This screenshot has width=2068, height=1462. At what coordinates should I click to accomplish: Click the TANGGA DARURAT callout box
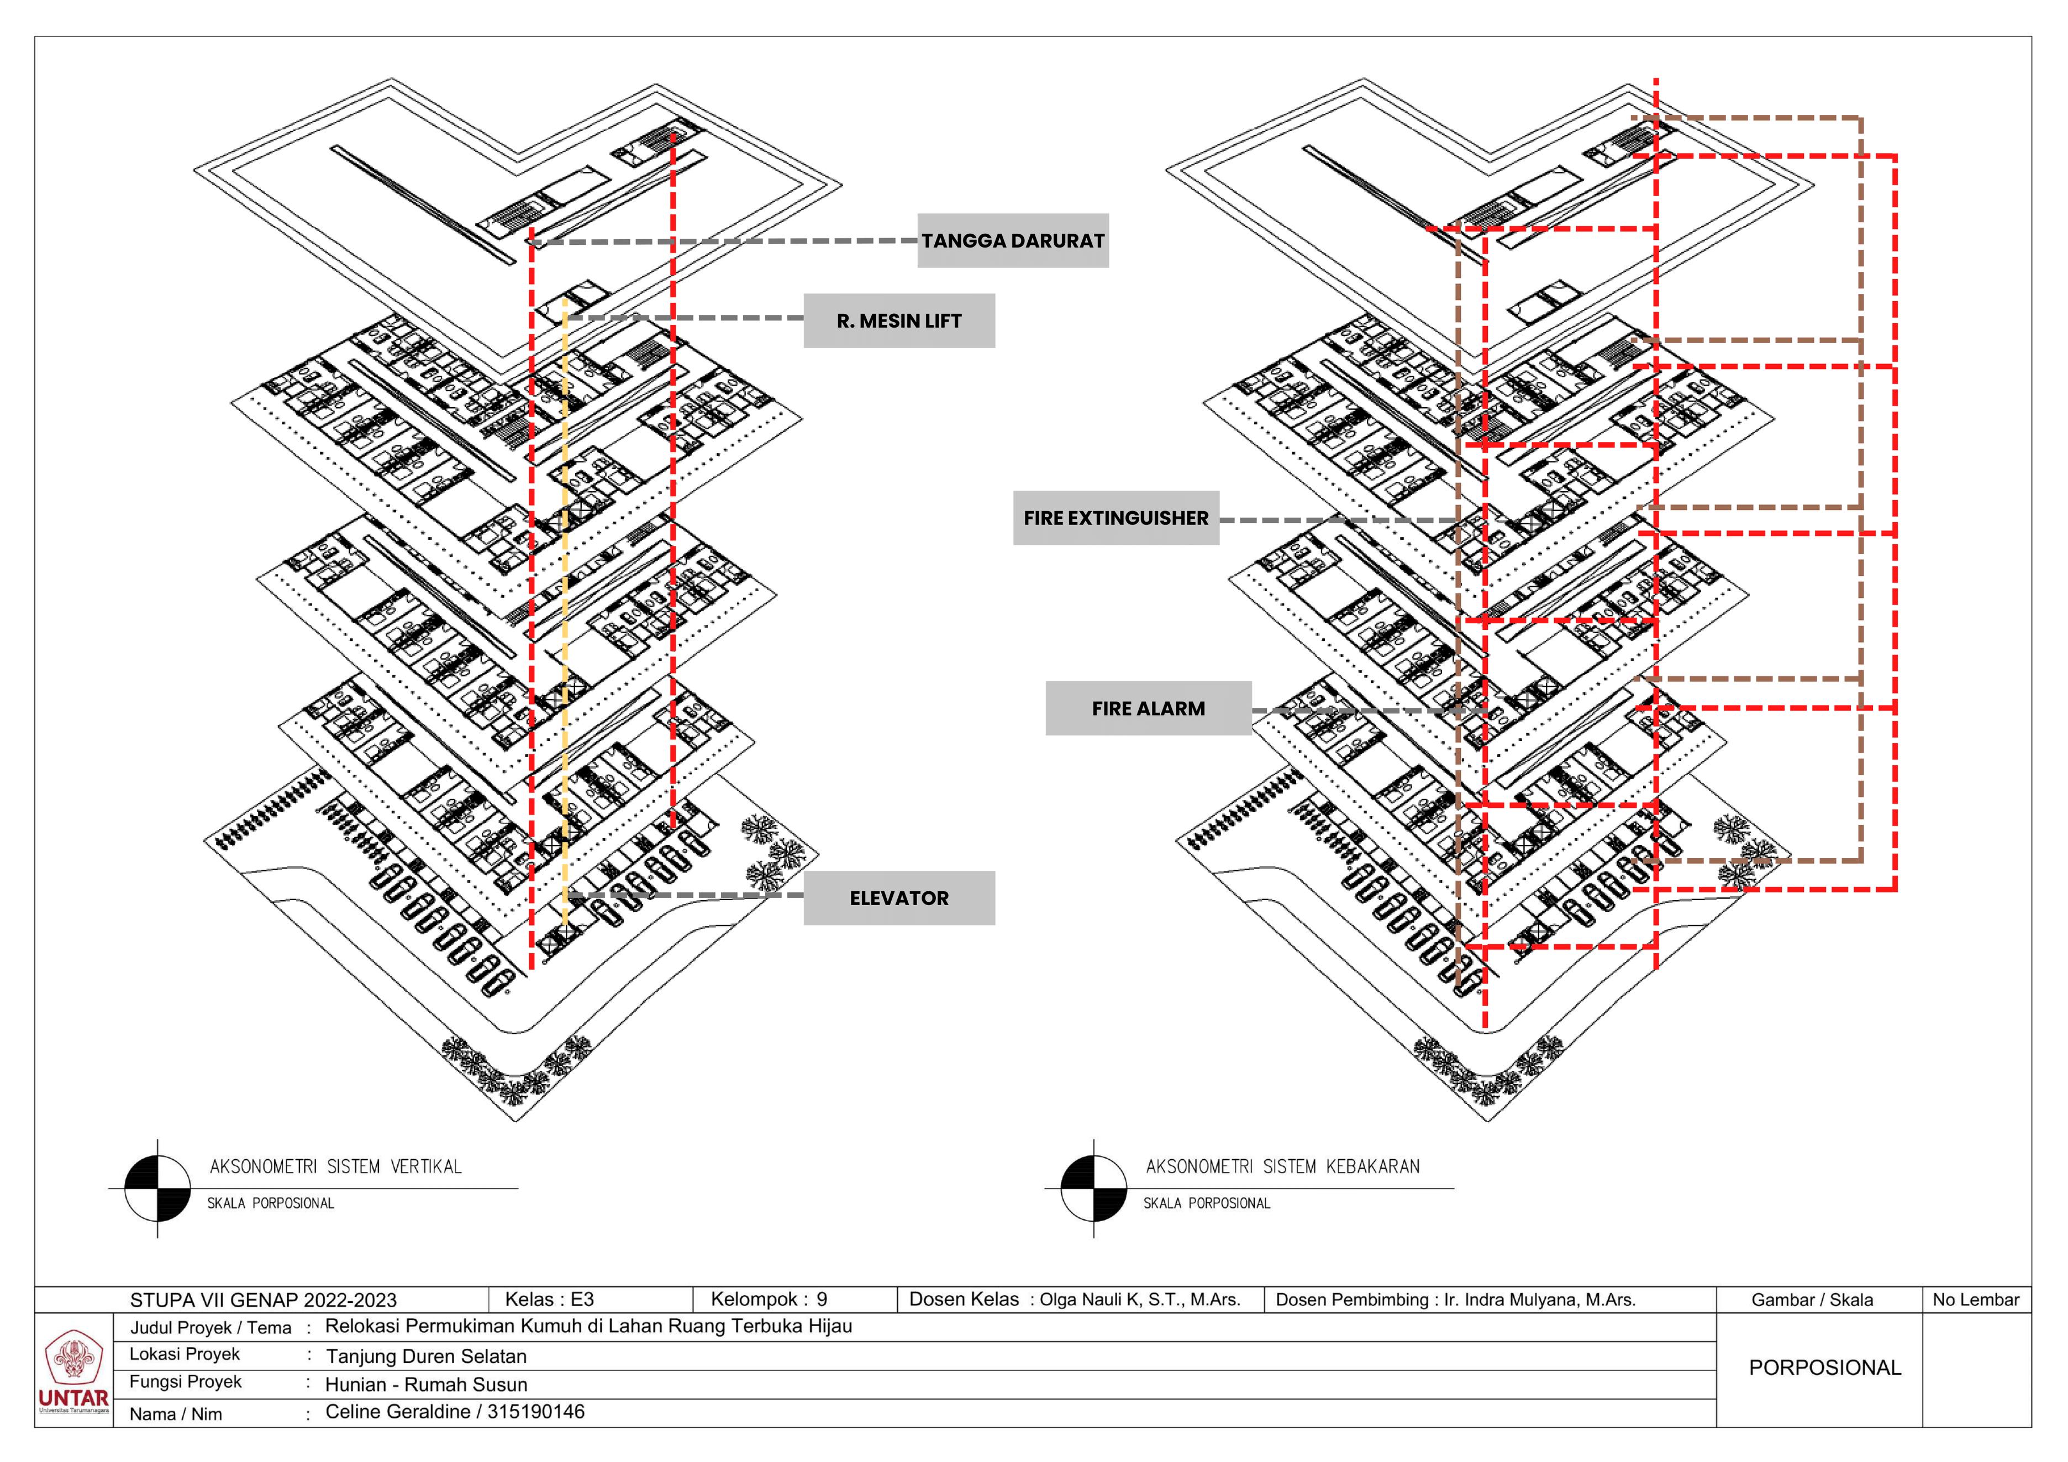pos(1012,240)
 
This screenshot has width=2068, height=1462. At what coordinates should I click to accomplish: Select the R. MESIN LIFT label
pos(899,320)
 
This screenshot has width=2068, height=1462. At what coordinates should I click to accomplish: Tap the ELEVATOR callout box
pos(899,898)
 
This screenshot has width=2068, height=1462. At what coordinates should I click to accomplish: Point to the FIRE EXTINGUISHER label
pos(1116,518)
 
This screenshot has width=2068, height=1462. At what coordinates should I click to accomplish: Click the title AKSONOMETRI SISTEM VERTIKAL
pos(335,1166)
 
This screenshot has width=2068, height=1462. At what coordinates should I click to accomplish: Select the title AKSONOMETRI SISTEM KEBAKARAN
pos(1282,1166)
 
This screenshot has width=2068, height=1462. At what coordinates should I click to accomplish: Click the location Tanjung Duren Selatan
pos(426,1356)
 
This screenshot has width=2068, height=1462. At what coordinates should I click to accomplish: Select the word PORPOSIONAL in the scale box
pos(1825,1368)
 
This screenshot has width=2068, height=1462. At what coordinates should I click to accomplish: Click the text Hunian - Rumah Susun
pos(426,1385)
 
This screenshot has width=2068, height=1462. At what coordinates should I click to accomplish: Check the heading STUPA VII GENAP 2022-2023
pos(263,1300)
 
